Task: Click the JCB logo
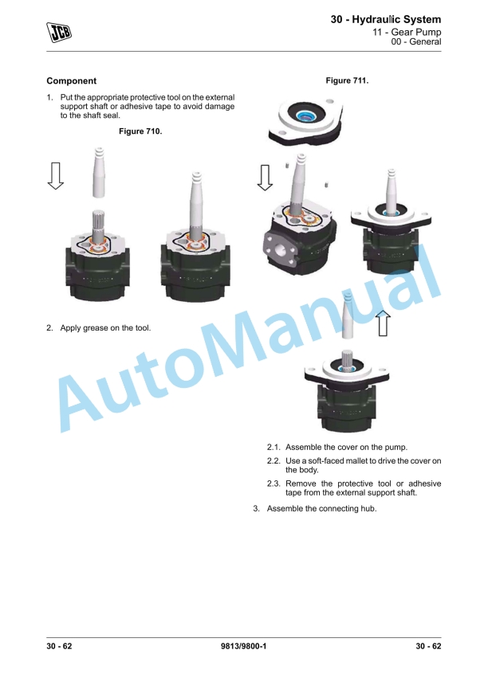pos(59,32)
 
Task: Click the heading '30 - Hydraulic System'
pos(385,19)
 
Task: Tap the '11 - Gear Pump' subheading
pos(407,32)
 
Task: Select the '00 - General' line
pos(415,41)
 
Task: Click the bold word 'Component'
pos(71,81)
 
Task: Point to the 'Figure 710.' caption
pos(140,131)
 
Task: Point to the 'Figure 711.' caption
pos(347,81)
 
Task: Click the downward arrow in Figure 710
pos(56,176)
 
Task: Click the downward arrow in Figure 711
pos(265,178)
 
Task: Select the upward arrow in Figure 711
pos(384,323)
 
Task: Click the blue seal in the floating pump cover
pos(304,116)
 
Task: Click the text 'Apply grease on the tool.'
pos(105,328)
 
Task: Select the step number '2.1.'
pos(274,448)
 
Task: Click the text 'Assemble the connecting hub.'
pos(321,509)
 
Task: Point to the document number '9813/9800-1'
pos(243,646)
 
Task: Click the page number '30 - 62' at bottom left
pos(59,646)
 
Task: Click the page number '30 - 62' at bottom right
pos(429,646)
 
